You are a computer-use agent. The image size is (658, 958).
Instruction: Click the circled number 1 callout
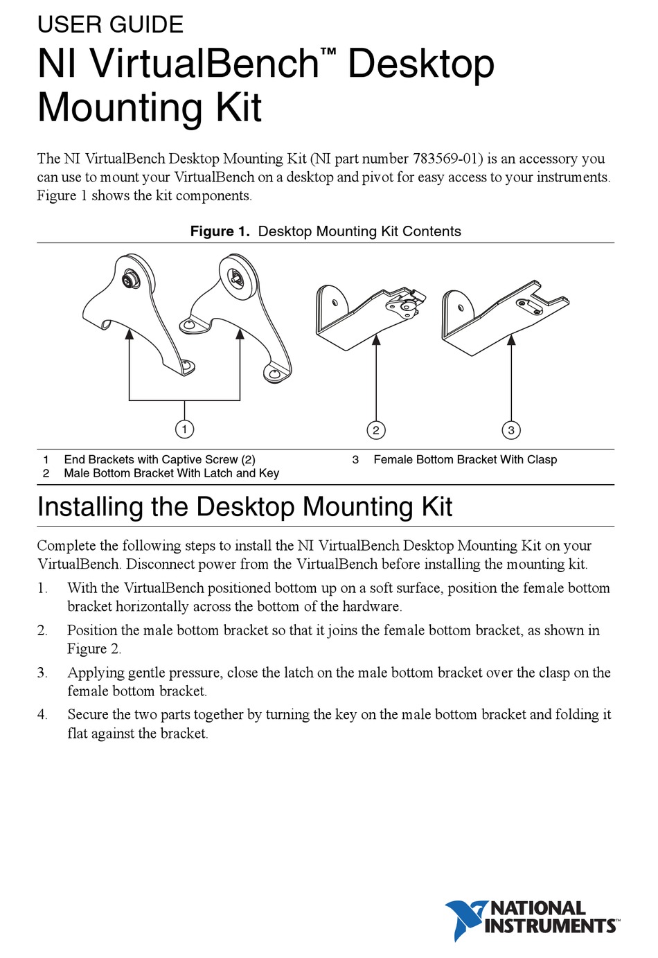click(x=184, y=429)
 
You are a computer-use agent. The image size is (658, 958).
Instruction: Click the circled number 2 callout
click(x=375, y=430)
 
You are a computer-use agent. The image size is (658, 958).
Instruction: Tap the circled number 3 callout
click(x=511, y=430)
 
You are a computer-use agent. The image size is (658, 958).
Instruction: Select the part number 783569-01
click(x=447, y=159)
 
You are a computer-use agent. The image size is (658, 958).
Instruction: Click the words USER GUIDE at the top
click(x=110, y=25)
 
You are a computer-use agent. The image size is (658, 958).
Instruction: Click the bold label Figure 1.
click(x=220, y=231)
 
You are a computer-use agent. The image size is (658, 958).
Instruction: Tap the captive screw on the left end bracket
click(x=129, y=281)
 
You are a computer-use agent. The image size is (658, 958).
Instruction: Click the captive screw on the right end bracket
click(x=236, y=278)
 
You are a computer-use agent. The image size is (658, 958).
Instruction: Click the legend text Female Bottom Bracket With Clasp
click(x=465, y=459)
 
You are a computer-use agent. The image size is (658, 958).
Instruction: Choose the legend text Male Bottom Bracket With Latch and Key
click(x=171, y=473)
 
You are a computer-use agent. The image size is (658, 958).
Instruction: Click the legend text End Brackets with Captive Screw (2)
click(x=159, y=459)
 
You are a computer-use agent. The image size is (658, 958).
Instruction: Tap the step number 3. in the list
click(x=42, y=673)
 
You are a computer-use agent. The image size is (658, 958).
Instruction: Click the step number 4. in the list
click(x=42, y=715)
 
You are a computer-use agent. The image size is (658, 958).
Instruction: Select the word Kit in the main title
click(x=238, y=108)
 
